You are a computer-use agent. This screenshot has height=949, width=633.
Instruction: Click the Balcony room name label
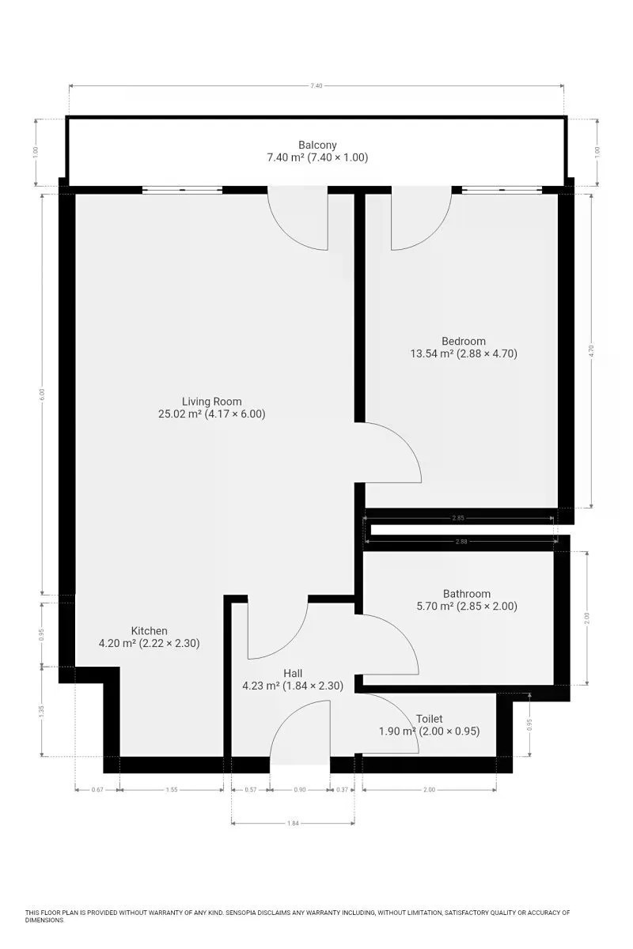317,145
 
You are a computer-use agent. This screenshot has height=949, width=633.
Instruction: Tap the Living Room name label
211,401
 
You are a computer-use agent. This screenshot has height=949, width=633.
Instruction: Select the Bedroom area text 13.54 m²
433,354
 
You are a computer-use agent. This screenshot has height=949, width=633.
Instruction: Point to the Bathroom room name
466,594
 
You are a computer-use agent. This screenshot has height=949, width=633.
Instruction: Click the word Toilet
429,719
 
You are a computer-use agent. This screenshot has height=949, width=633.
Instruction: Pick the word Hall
293,673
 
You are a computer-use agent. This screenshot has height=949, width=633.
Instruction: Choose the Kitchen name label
149,630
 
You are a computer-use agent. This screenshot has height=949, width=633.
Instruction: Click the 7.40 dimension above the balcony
316,85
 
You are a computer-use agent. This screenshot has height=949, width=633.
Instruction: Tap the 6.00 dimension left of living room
42,394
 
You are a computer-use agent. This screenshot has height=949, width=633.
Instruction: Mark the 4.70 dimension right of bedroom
591,351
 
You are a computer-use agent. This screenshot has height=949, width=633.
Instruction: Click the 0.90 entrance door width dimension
300,789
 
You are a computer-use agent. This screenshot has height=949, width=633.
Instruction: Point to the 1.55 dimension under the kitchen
172,789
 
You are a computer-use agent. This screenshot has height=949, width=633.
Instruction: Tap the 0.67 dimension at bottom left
97,789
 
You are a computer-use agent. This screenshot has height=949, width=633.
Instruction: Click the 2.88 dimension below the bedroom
461,541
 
